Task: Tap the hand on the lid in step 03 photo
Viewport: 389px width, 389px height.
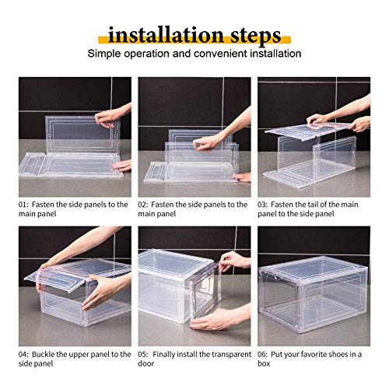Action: click(319, 118)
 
